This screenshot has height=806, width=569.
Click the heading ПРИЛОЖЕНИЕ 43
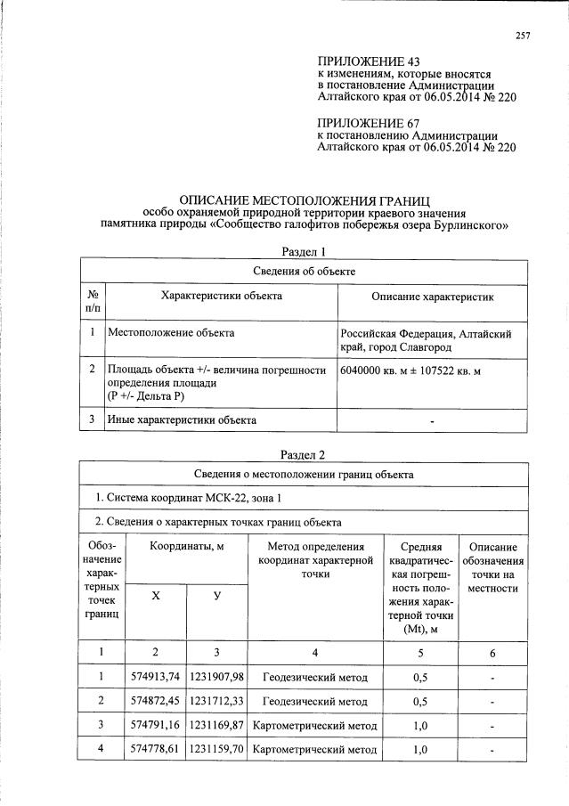[x=369, y=61]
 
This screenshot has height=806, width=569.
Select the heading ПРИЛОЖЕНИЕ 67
[x=369, y=123]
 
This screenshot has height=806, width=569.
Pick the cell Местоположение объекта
[x=171, y=333]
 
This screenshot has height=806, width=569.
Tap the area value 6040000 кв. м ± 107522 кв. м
[x=410, y=370]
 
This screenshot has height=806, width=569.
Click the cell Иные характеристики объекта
[x=182, y=419]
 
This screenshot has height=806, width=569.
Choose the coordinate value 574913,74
[x=155, y=678]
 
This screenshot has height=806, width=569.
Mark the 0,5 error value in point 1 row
[x=419, y=678]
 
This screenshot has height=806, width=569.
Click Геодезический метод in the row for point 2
[x=314, y=701]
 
